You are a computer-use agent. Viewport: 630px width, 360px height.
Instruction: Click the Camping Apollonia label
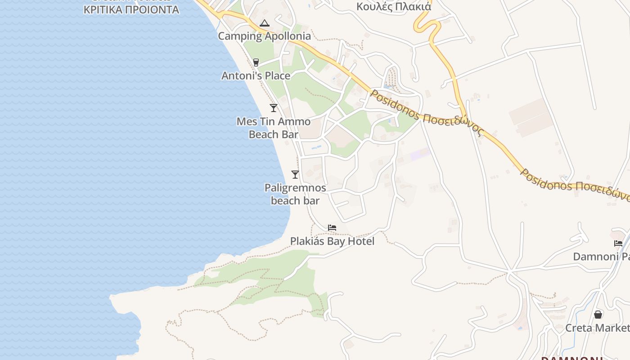(x=264, y=36)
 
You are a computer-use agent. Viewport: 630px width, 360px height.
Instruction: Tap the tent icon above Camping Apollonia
(x=264, y=23)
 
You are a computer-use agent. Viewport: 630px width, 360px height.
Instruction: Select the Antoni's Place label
(x=256, y=76)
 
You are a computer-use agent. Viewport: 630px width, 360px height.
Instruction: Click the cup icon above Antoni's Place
(x=256, y=62)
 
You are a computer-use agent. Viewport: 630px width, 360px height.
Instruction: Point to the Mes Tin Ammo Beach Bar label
(x=274, y=128)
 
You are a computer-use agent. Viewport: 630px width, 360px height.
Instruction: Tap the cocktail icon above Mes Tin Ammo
(x=273, y=108)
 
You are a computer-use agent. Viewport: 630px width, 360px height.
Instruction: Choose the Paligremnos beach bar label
(x=295, y=194)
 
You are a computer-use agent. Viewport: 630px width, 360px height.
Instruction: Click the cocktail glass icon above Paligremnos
(x=295, y=175)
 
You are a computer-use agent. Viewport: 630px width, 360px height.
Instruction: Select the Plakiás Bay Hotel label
(x=332, y=242)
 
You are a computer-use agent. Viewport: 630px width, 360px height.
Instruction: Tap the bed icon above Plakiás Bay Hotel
(x=332, y=228)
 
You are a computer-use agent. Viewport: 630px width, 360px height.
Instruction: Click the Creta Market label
(x=597, y=328)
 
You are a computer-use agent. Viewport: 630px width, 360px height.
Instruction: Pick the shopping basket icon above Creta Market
(x=598, y=314)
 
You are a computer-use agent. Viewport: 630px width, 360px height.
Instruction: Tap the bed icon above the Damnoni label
(x=618, y=243)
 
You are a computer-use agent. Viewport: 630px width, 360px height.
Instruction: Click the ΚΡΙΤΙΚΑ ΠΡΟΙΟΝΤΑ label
(x=131, y=9)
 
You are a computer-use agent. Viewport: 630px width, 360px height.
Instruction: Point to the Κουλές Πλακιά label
(x=394, y=6)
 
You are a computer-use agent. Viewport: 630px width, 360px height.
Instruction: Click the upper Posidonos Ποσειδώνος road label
(x=426, y=113)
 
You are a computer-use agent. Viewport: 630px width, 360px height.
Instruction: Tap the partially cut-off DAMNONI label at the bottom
(x=571, y=358)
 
